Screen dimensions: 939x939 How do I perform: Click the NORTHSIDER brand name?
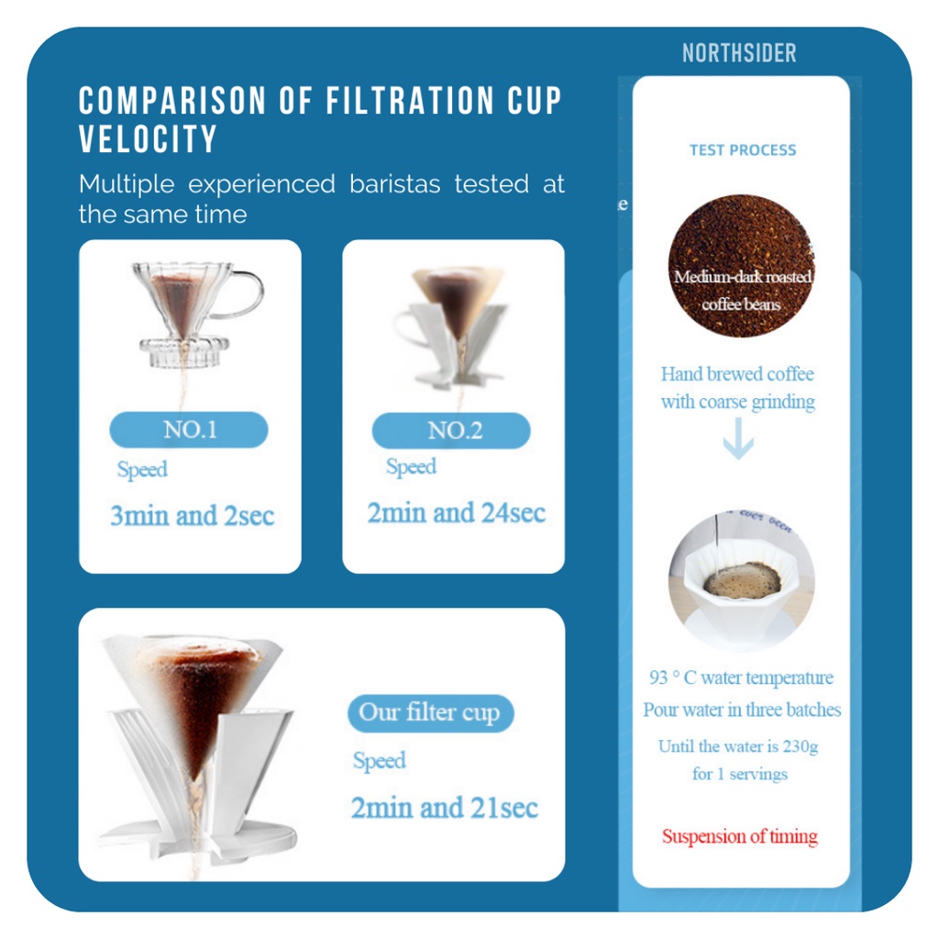[740, 53]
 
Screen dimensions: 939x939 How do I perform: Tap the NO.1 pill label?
[189, 429]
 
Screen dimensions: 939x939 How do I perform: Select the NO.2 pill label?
[451, 431]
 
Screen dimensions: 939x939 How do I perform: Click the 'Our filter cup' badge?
[431, 713]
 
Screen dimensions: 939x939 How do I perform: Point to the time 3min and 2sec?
[193, 515]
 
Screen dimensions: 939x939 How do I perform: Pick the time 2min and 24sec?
[457, 513]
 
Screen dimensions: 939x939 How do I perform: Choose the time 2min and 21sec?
[445, 807]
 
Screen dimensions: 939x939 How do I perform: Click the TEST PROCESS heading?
[743, 149]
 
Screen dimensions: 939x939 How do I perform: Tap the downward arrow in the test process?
[738, 438]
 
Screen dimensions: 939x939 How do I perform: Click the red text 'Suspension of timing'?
[740, 836]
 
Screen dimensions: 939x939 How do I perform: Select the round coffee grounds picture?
[741, 265]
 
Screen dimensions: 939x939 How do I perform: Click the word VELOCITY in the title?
[148, 139]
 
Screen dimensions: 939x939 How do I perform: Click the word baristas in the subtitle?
[394, 183]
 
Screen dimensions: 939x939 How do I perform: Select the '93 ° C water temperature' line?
[741, 678]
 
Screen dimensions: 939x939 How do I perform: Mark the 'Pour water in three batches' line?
[742, 710]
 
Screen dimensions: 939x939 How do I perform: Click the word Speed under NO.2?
[411, 467]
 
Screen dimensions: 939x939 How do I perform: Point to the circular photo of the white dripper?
[741, 580]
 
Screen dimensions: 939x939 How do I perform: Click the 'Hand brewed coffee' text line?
[737, 374]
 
